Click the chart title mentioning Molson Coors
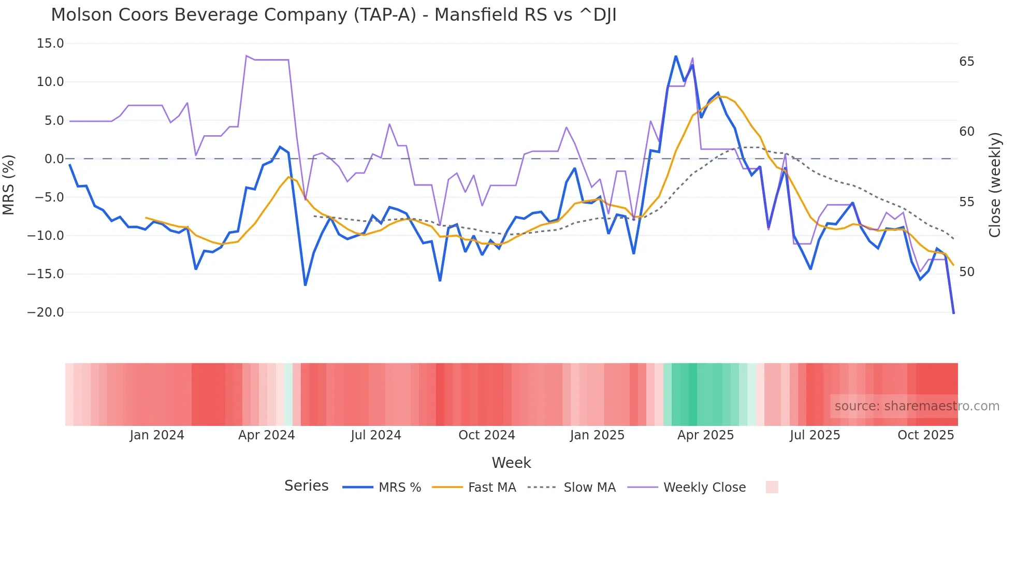coord(334,15)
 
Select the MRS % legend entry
coord(382,488)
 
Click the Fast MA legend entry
coord(474,488)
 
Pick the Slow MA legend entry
coord(572,488)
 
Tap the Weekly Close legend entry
coord(687,488)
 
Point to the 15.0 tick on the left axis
coord(50,44)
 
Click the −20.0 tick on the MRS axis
coord(46,312)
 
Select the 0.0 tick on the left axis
coord(54,159)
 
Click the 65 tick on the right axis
coord(966,62)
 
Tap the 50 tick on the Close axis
coord(966,272)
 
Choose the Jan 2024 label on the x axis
coord(157,435)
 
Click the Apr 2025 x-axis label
coord(705,435)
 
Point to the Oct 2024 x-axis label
coord(487,435)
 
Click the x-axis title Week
coord(511,463)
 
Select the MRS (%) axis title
coord(9,185)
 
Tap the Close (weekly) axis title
coord(994,185)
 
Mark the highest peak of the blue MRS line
coord(676,56)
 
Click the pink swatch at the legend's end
coord(772,487)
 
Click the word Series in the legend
coord(306,486)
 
